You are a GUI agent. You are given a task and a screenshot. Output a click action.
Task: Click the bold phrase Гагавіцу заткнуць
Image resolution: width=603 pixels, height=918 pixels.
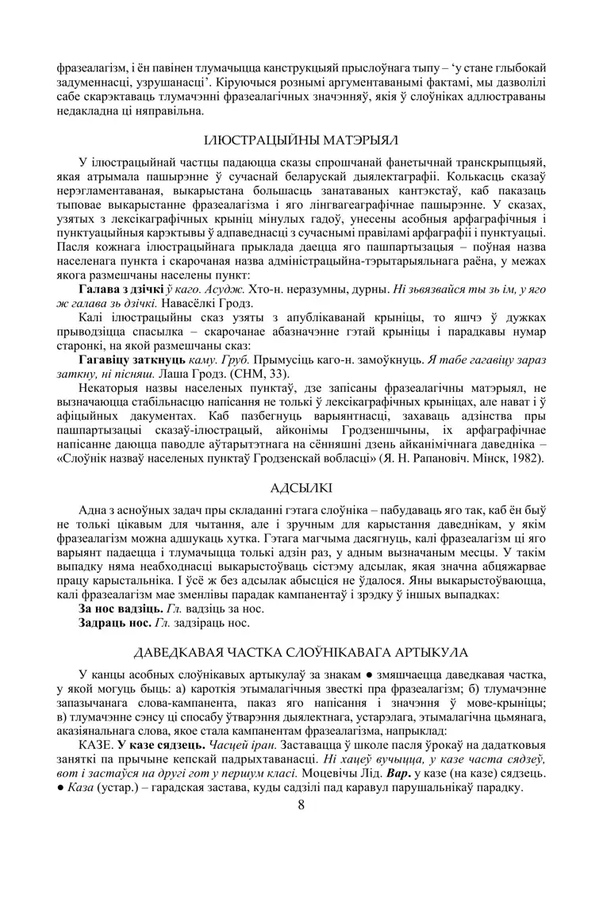pyautogui.click(x=128, y=359)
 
